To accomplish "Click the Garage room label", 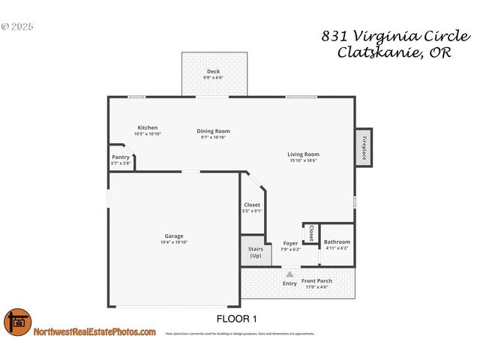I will (x=174, y=235).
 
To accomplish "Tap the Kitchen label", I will (x=147, y=127).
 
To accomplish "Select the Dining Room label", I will (x=213, y=130).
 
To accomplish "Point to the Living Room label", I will (x=304, y=154).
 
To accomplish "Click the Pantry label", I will (x=121, y=157).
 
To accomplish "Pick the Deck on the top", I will (x=214, y=73).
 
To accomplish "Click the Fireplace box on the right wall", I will (x=364, y=147).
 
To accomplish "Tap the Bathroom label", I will (x=337, y=242).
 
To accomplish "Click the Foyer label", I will (x=290, y=243).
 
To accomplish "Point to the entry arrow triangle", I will (x=289, y=274).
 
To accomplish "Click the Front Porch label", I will (x=316, y=281).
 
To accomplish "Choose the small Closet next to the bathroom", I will (x=311, y=233).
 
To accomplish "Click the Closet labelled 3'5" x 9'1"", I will (x=252, y=205).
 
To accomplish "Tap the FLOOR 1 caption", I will (x=236, y=319).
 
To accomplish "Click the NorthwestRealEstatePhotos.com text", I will (x=94, y=331).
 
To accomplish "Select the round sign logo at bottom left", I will (x=17, y=323).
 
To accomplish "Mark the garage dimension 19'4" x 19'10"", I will (x=174, y=242).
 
